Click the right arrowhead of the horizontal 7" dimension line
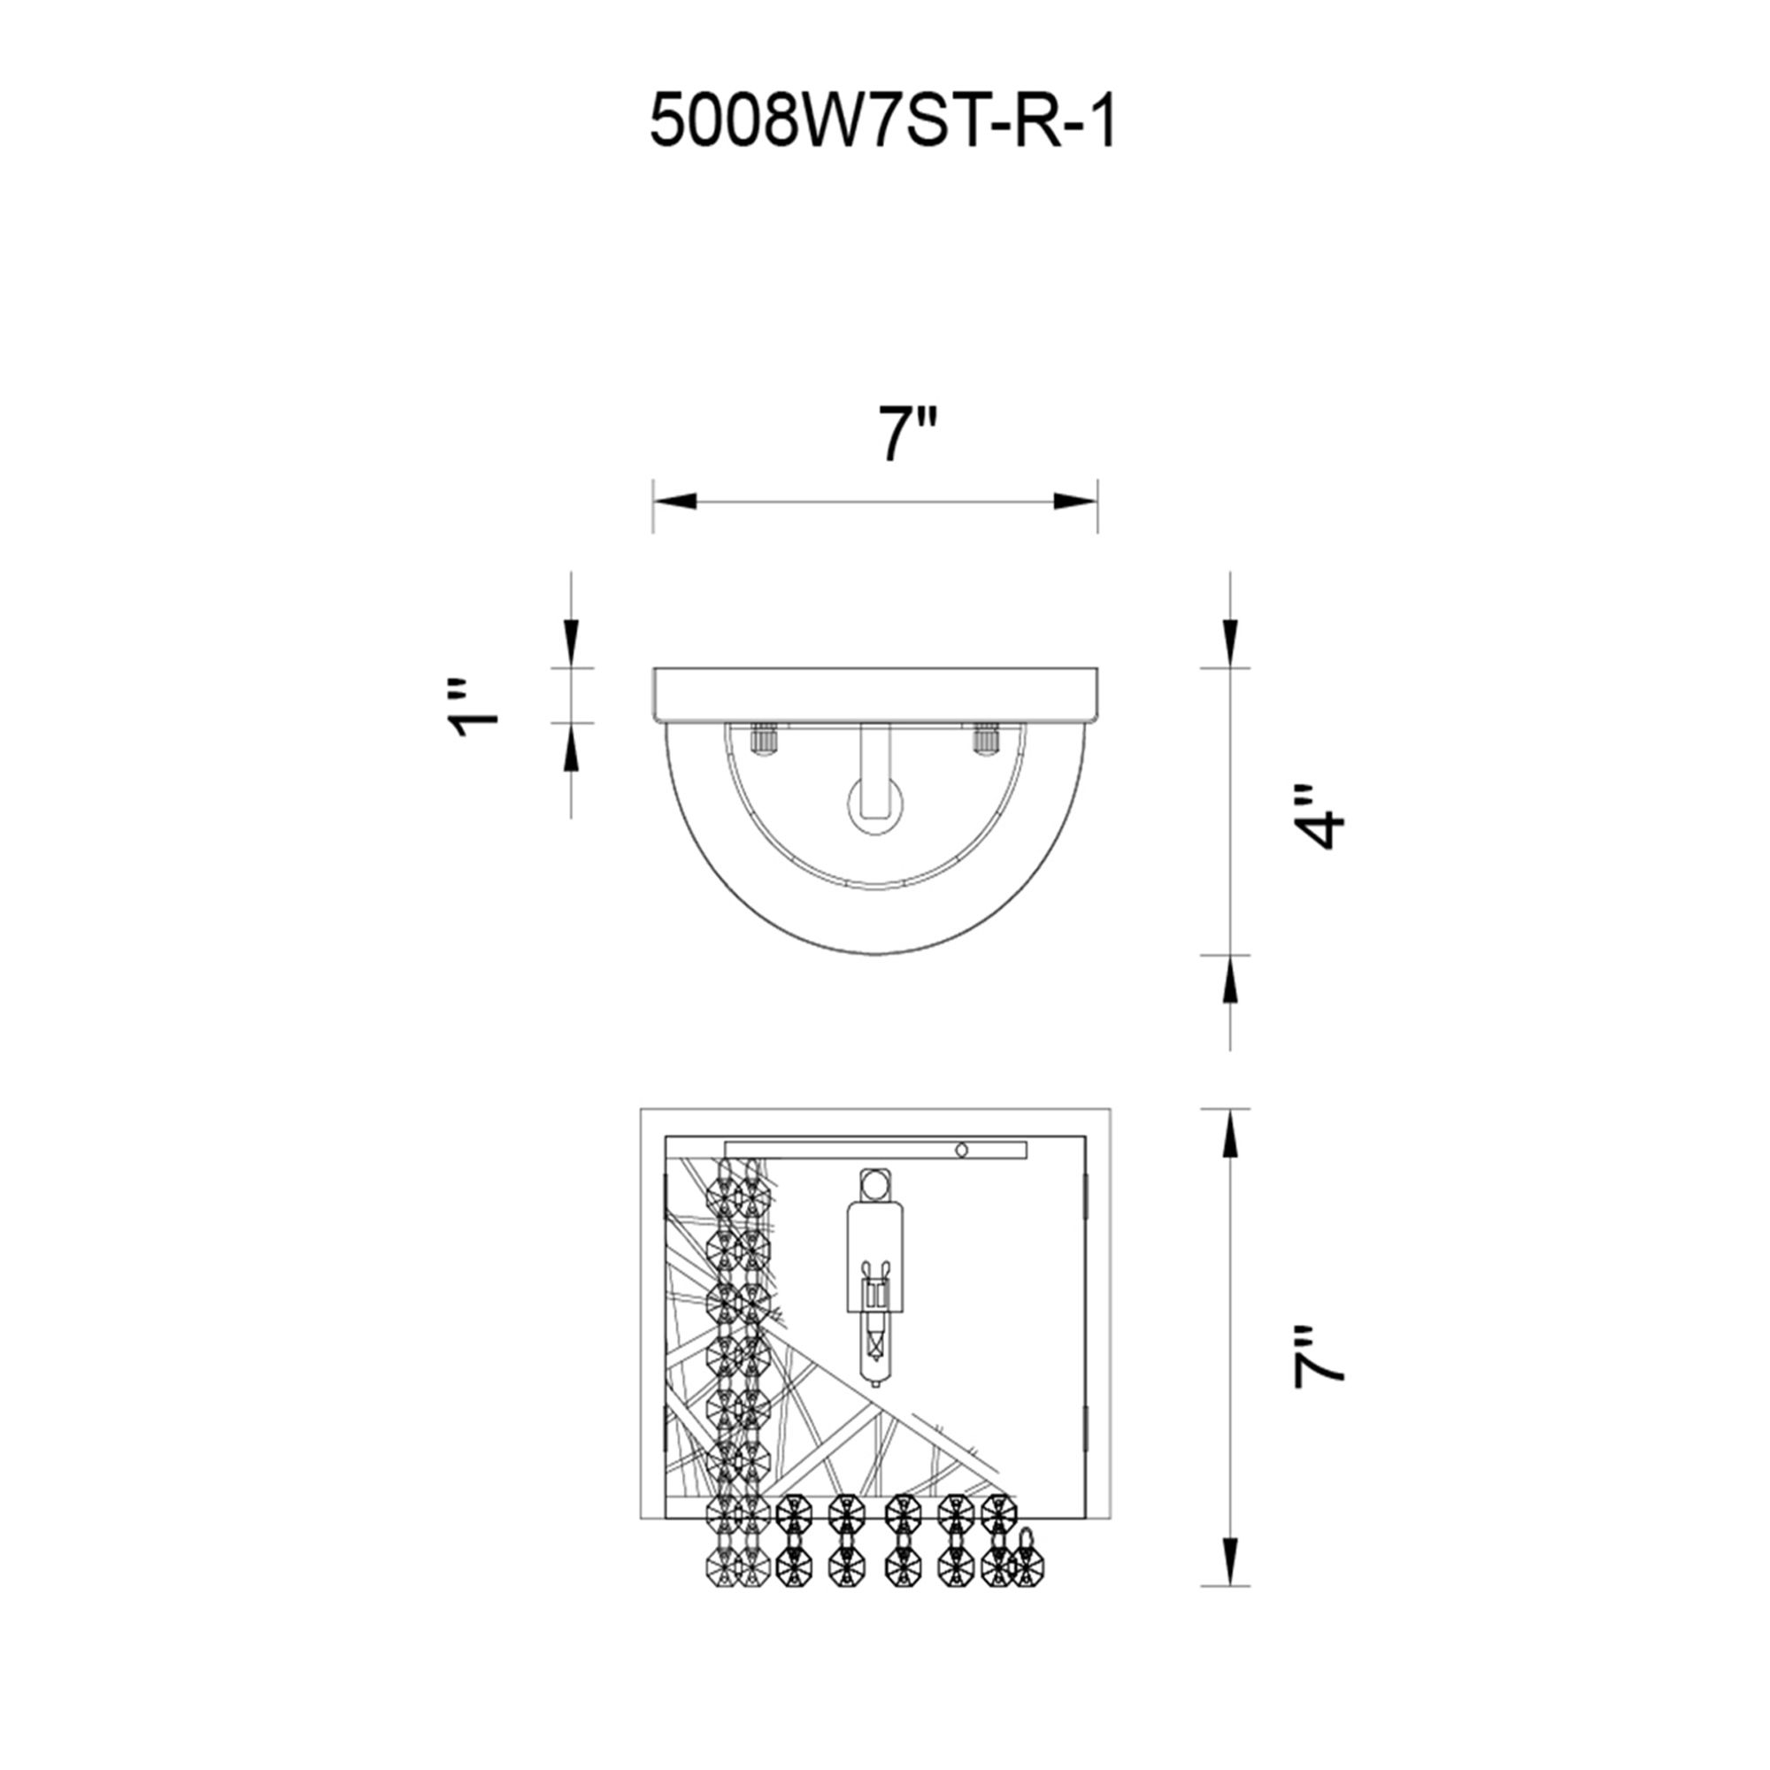pos(1074,501)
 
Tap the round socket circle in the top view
pos(875,805)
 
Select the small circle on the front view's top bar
pos(961,1150)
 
